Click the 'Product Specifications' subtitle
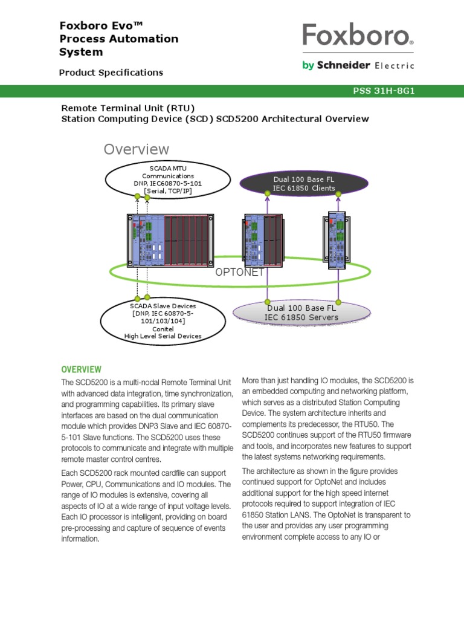tap(111, 73)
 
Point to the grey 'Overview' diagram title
tap(136, 149)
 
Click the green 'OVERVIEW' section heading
tap(81, 369)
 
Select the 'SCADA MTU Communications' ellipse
tap(167, 179)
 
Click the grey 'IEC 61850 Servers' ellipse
tap(301, 313)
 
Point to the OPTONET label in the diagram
tap(240, 273)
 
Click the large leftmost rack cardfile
tap(170, 240)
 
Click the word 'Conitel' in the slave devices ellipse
tap(163, 329)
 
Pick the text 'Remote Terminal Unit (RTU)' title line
tap(128, 108)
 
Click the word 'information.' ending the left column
tap(80, 539)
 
